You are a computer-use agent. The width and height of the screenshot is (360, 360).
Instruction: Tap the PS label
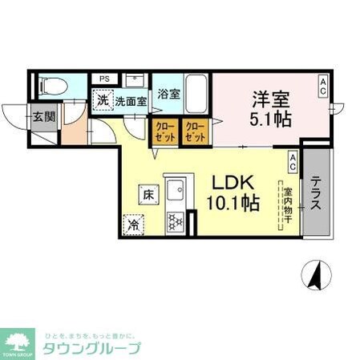[104, 79]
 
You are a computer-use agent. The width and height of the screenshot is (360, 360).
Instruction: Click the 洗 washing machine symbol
[102, 101]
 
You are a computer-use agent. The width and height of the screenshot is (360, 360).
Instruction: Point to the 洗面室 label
[129, 102]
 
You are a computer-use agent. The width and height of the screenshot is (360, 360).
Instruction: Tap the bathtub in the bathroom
[196, 98]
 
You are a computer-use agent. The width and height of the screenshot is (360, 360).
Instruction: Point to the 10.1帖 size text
[235, 204]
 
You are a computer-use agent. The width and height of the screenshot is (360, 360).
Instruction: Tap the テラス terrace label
[317, 193]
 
